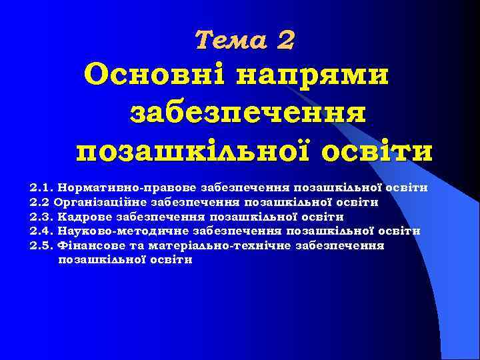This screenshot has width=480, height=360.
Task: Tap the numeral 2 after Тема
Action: [x=285, y=41]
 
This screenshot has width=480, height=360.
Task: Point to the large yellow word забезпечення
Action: [x=247, y=111]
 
